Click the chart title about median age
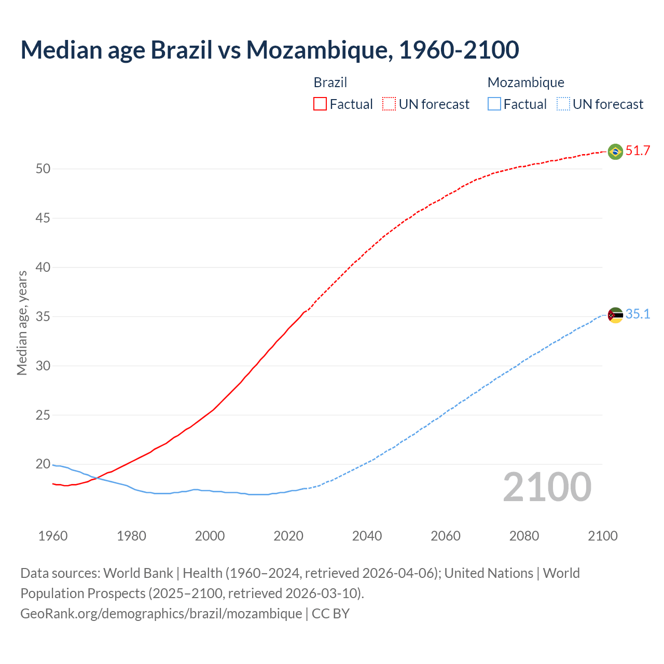(x=270, y=50)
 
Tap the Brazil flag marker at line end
(x=615, y=151)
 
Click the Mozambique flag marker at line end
(x=615, y=315)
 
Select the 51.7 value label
(x=638, y=151)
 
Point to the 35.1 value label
(x=638, y=314)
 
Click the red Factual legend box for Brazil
(x=320, y=104)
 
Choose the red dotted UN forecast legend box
(x=389, y=104)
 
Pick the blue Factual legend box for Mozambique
(x=494, y=104)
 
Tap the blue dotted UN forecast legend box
(x=563, y=104)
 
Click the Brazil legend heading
(x=330, y=82)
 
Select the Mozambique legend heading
(x=525, y=82)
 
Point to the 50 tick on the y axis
(x=43, y=169)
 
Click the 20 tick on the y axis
(x=43, y=464)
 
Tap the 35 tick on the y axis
(x=43, y=316)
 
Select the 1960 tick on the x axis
(x=53, y=536)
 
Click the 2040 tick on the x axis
(x=367, y=536)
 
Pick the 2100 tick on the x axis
(x=602, y=536)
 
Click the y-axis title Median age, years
(x=22, y=323)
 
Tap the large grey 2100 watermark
(x=547, y=487)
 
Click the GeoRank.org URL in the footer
(x=161, y=613)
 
